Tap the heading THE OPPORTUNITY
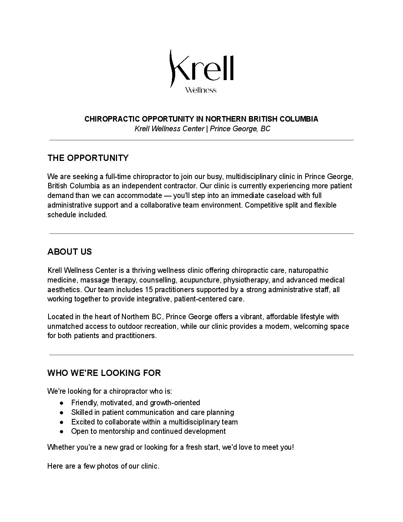coord(88,158)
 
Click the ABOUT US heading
coord(70,252)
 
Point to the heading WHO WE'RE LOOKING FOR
coord(104,373)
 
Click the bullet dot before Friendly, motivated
coord(63,403)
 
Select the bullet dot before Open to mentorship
coord(63,432)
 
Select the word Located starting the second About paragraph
coord(59,317)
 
